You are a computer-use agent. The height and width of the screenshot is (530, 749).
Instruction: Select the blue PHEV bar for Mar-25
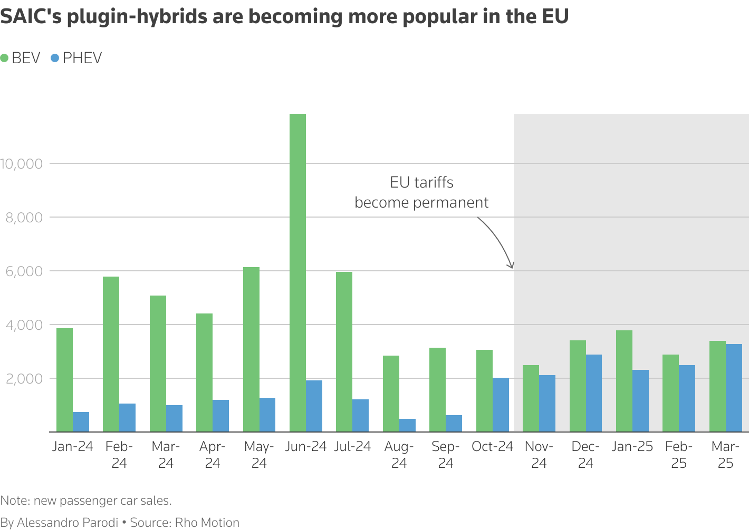click(x=734, y=388)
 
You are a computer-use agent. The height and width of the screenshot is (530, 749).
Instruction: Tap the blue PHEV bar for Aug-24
click(x=407, y=425)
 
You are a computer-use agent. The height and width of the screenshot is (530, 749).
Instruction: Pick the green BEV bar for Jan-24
click(x=64, y=380)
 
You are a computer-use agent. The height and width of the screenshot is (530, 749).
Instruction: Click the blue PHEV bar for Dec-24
click(x=593, y=393)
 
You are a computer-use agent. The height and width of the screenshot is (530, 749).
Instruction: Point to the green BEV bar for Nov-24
click(x=531, y=398)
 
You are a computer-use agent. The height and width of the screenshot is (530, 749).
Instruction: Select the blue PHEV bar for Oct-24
click(x=501, y=405)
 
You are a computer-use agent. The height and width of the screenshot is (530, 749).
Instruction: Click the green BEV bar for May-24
click(x=251, y=349)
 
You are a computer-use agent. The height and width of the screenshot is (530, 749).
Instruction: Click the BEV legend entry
click(x=21, y=58)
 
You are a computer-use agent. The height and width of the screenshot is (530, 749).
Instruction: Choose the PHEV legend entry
click(x=76, y=58)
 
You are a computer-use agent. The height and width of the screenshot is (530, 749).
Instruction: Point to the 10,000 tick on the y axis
click(x=22, y=164)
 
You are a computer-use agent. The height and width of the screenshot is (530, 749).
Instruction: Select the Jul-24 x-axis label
click(x=352, y=447)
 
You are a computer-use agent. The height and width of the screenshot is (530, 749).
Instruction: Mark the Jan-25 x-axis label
click(x=632, y=447)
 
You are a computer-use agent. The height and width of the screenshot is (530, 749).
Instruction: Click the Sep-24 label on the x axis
click(x=446, y=455)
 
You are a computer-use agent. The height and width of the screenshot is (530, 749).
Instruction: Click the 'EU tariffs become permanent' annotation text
click(x=421, y=192)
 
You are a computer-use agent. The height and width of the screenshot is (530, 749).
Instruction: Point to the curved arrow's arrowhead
click(x=511, y=266)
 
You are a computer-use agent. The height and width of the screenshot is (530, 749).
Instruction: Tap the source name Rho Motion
click(x=207, y=522)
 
